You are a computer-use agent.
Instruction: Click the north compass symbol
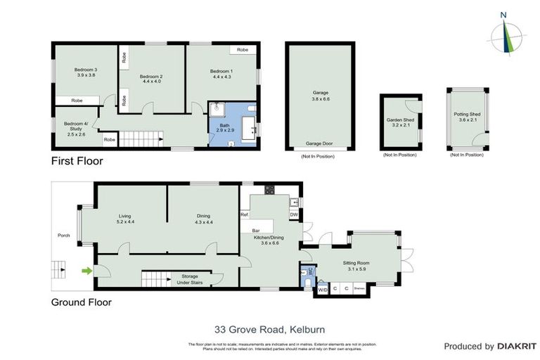click(503, 34)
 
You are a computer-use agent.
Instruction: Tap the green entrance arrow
click(86, 270)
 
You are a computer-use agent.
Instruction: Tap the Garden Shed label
click(399, 123)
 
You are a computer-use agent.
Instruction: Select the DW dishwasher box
click(294, 214)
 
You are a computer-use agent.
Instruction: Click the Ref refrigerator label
click(245, 214)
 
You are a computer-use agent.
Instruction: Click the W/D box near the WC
click(323, 289)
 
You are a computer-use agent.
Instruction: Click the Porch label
click(63, 236)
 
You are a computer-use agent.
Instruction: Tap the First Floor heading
click(77, 161)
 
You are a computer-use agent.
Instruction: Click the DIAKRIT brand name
click(517, 346)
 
